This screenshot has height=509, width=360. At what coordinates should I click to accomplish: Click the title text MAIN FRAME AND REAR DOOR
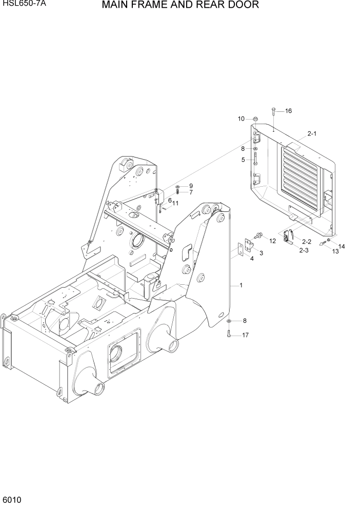pos(180,6)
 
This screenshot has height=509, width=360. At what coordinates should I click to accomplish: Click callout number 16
pos(288,111)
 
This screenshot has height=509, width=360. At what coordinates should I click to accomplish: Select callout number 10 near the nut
pos(241,119)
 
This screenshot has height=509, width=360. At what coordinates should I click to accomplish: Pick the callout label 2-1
pos(312,134)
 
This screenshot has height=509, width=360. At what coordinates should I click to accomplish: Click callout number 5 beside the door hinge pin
pos(243,160)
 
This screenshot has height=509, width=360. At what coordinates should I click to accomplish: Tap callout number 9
pos(191,186)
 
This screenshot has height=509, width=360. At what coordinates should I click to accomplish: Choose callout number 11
pos(175,203)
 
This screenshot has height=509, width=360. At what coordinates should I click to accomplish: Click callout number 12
pos(272,240)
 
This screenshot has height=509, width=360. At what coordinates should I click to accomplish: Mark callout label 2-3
pos(304,250)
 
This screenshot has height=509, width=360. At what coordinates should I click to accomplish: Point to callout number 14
pos(342,247)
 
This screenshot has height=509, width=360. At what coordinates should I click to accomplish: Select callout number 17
pos(245,336)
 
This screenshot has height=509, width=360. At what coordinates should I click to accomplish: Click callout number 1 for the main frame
pos(241,285)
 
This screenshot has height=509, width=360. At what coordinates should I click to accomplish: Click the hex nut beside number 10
pos(255,120)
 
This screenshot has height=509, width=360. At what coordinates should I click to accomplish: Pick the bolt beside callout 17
pos(229,335)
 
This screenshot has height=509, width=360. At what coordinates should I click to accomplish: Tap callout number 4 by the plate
pos(252,258)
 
